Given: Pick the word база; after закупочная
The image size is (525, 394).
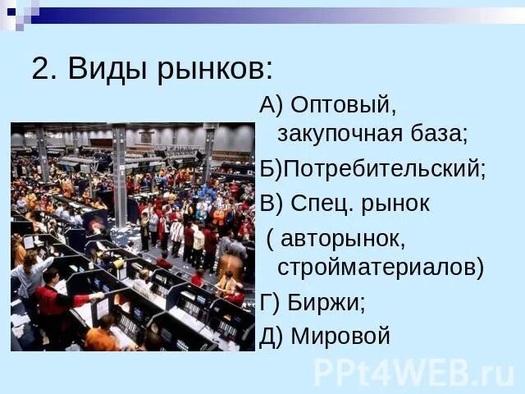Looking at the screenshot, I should click(439, 133).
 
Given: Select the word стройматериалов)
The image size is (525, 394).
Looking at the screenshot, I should click(381, 267).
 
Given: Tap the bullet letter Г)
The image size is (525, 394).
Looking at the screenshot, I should click(270, 302).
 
